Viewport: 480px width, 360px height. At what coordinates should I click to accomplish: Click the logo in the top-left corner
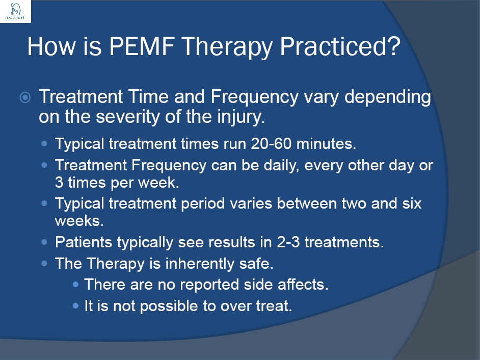coord(16,11)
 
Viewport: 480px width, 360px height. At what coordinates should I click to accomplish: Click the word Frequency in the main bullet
coord(257,97)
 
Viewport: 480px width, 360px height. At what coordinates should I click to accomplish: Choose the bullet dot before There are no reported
coord(76,284)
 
